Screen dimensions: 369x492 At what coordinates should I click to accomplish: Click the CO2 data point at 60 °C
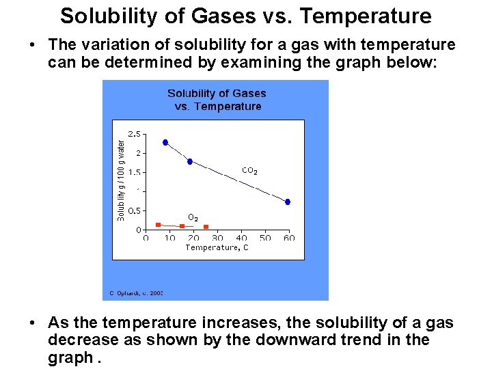288,202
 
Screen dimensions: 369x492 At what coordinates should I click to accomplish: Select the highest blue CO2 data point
165,142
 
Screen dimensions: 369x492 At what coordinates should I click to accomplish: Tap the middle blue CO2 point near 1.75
190,162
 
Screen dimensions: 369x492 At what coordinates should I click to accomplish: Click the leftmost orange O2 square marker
158,224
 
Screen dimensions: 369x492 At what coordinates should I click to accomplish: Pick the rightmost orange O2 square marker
206,227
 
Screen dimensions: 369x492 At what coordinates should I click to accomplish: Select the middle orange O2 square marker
182,226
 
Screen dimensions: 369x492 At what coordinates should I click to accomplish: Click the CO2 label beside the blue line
250,171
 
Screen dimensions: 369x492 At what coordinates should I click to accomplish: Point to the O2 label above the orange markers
193,218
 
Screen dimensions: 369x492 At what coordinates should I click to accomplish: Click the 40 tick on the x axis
241,238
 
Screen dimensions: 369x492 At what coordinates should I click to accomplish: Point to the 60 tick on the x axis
289,238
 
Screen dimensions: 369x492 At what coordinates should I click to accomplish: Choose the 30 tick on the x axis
217,238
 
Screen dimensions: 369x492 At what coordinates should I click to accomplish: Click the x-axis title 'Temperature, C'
217,247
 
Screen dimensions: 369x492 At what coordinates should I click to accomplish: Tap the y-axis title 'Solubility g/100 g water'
121,180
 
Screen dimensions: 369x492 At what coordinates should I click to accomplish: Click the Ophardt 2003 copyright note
136,293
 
